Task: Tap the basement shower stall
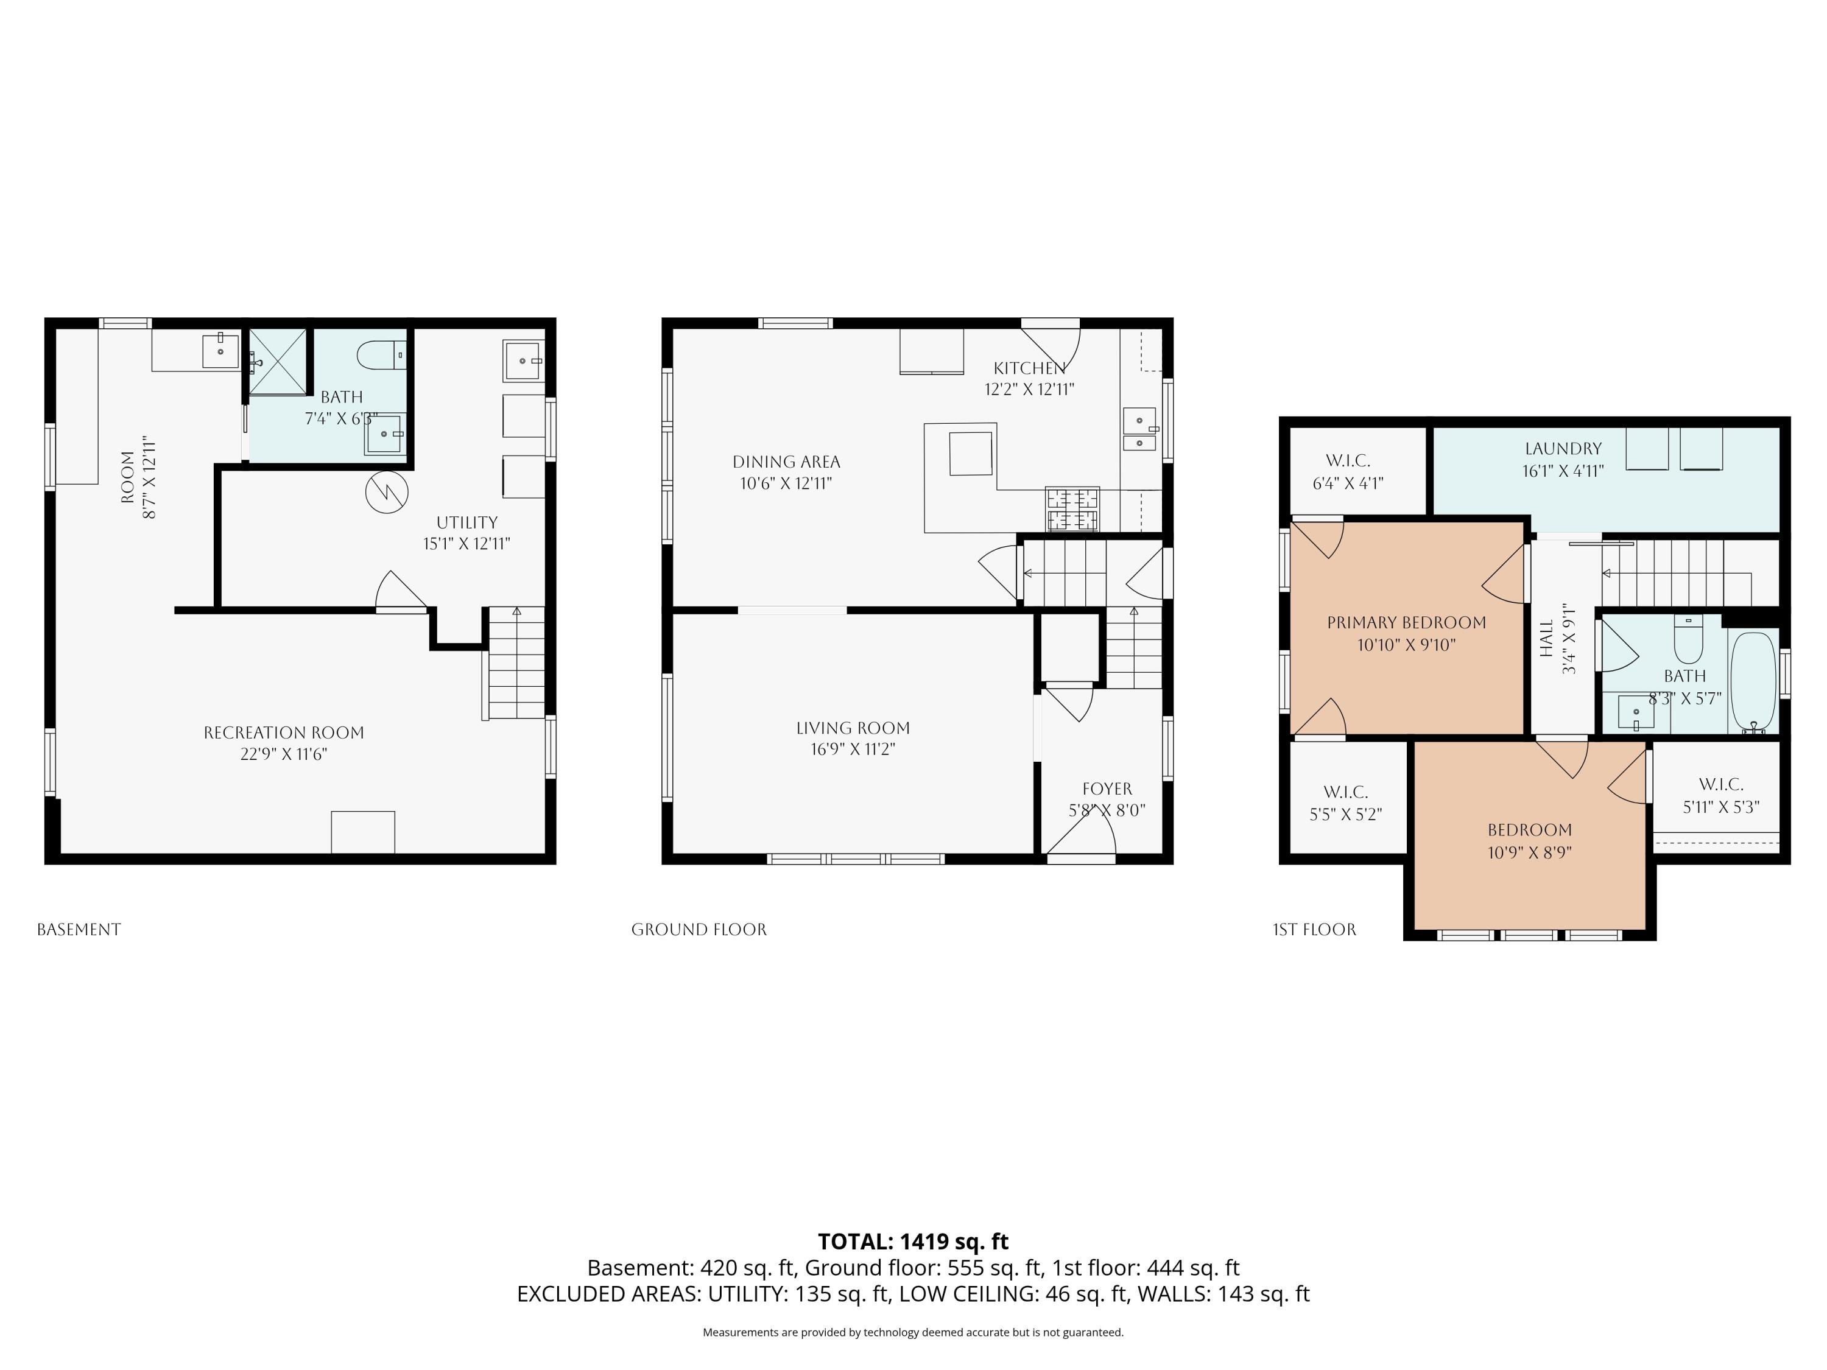tap(278, 362)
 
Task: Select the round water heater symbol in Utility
tap(387, 492)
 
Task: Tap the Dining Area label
tap(786, 462)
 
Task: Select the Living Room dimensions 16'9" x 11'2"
tap(853, 750)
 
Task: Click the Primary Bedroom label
tap(1407, 623)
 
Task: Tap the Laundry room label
tap(1563, 448)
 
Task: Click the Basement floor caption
tap(79, 930)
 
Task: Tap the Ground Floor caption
tap(699, 930)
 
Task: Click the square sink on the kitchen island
tap(971, 454)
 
